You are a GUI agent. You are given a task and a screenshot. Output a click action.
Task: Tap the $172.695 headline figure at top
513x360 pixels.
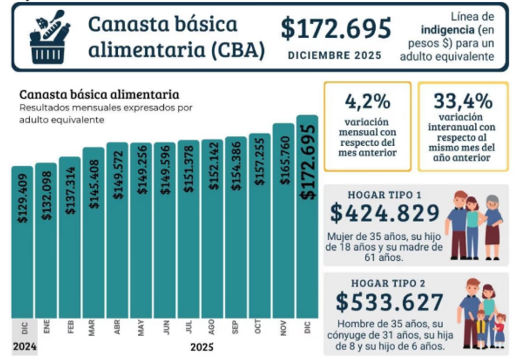335,28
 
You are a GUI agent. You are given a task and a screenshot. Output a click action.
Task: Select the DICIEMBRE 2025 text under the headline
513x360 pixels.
335,55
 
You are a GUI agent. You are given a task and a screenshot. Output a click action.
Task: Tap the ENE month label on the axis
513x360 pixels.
46,328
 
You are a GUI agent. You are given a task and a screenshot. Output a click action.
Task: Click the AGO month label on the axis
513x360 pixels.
212,328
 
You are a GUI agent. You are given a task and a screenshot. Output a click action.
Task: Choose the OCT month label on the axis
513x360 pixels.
259,328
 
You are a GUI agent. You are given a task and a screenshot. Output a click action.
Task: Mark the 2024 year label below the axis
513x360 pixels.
24,347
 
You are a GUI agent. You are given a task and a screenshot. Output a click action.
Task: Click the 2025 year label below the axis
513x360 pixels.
201,347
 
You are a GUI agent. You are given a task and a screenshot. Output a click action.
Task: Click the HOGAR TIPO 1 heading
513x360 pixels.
384,195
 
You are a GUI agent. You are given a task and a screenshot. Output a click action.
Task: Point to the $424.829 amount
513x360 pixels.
384,214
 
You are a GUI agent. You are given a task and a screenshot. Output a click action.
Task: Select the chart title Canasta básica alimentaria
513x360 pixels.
99,94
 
